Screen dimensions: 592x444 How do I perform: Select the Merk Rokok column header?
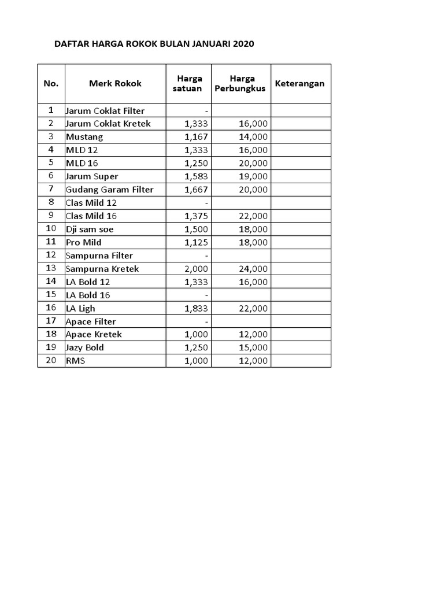point(115,83)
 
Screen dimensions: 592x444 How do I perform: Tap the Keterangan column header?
point(300,83)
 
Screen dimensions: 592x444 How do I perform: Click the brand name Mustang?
point(84,137)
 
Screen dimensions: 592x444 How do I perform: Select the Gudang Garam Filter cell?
point(109,190)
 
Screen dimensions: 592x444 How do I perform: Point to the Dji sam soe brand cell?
point(90,229)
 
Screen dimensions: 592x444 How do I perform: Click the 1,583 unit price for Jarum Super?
point(197,176)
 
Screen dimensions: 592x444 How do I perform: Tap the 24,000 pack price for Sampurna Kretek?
point(253,269)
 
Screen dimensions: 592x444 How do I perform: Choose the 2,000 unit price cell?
point(197,269)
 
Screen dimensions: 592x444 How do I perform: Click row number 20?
point(51,361)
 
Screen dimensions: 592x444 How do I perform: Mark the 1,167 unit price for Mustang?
point(197,137)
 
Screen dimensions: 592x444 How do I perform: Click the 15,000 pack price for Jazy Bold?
point(253,347)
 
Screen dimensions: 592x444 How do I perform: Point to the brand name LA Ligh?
point(80,309)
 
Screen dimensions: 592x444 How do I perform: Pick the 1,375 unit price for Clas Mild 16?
point(197,216)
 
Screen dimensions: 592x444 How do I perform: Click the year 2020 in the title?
point(243,44)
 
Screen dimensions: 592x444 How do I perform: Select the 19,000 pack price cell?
point(253,176)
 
